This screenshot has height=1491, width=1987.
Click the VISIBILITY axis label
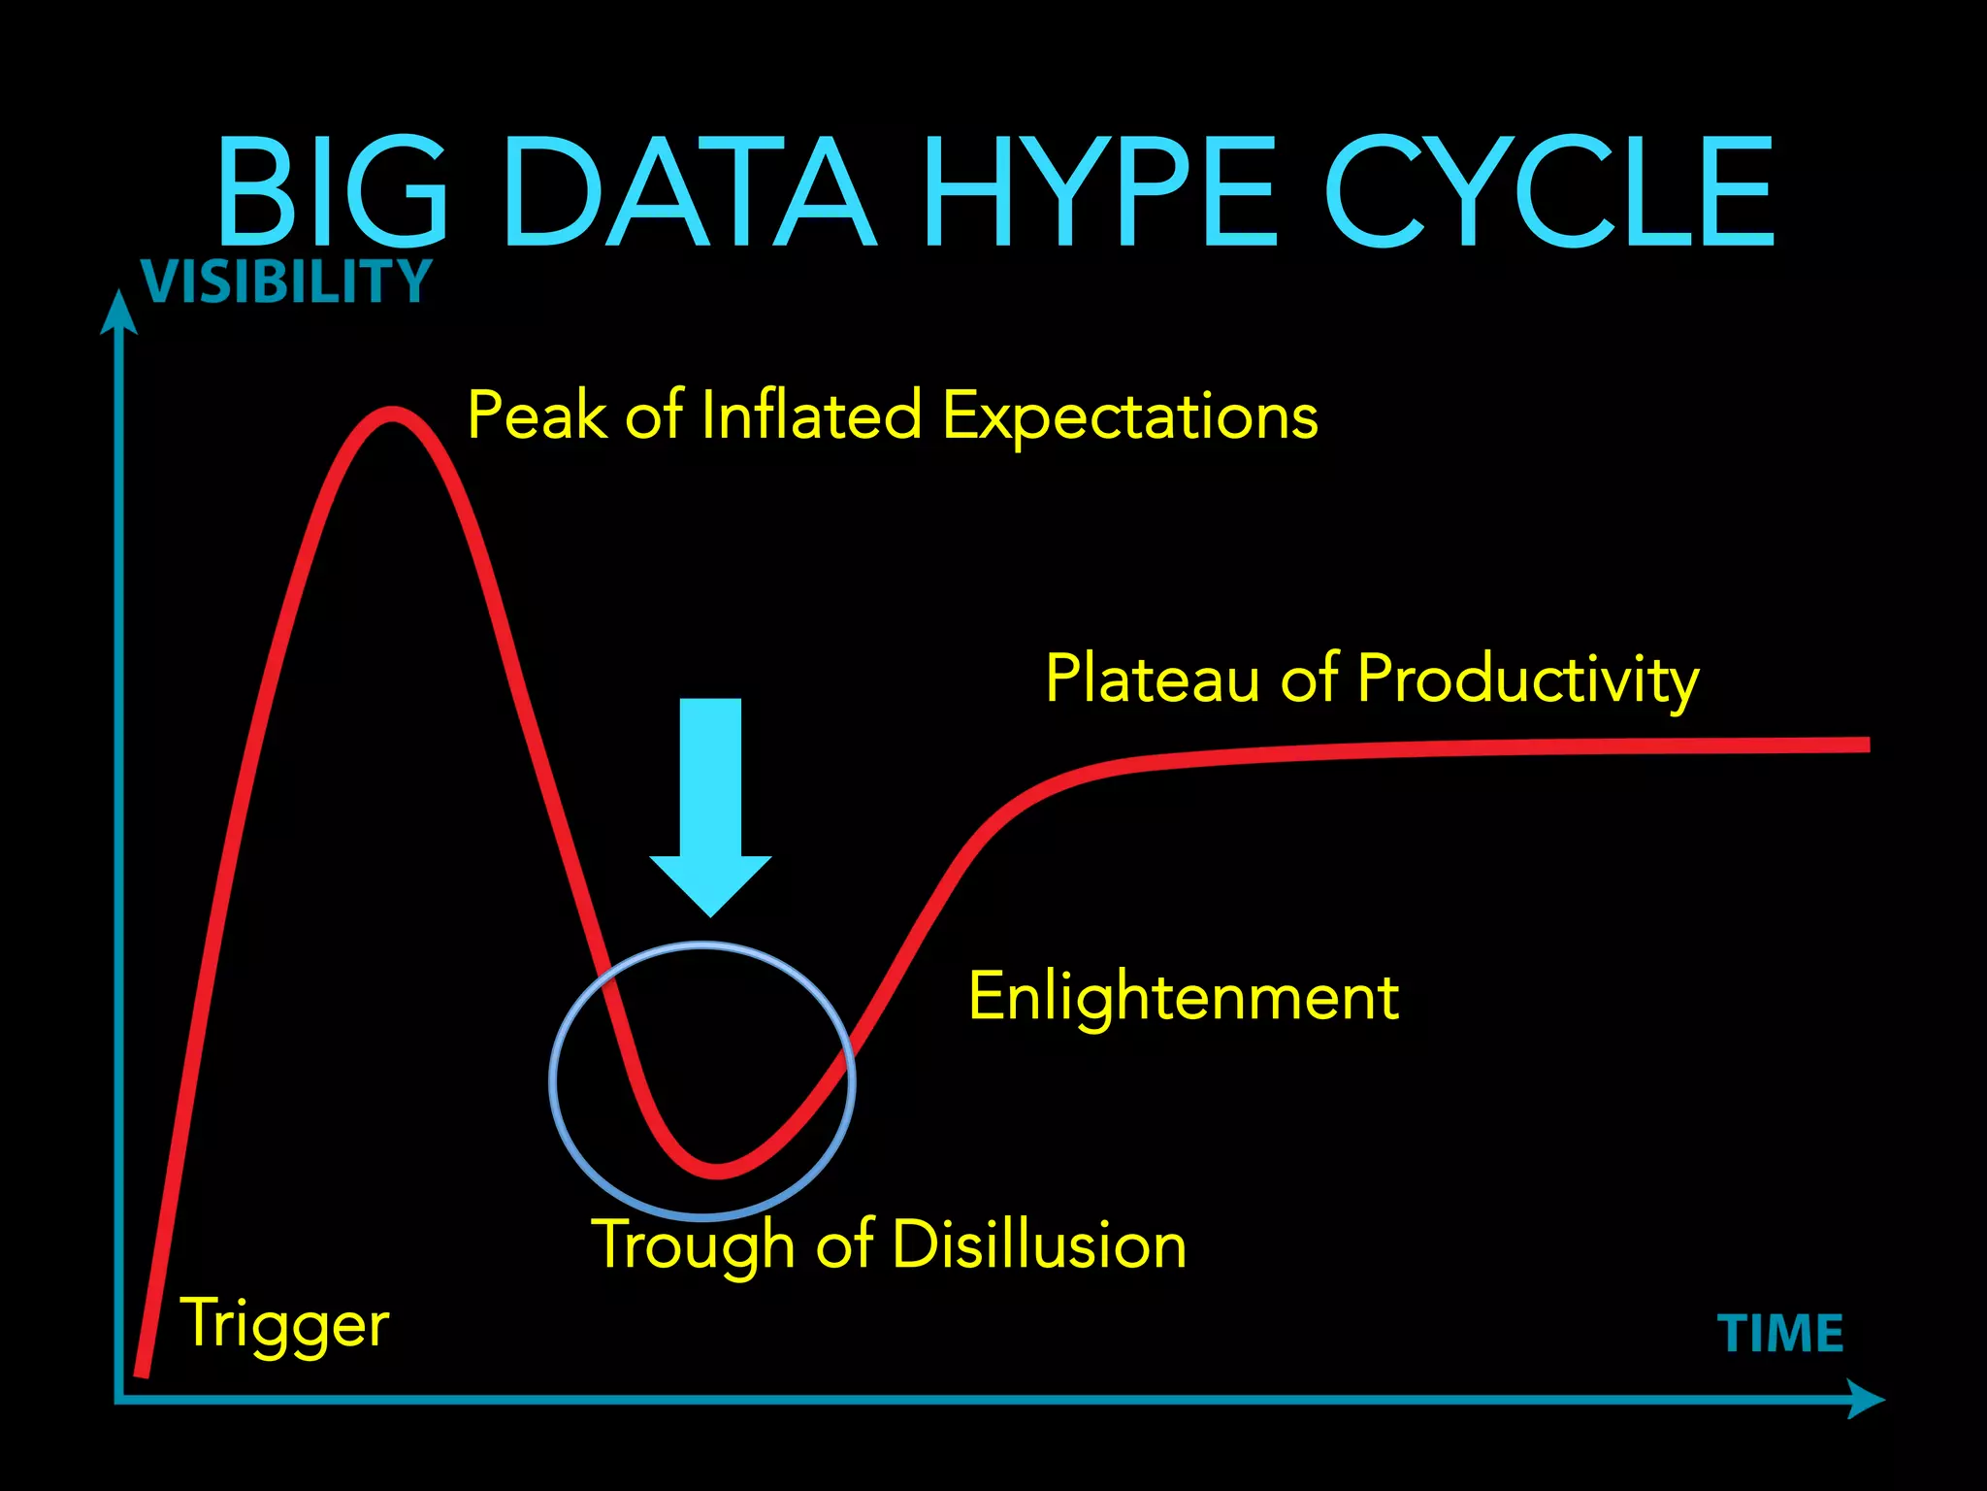pyautogui.click(x=286, y=282)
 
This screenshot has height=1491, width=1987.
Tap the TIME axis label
pyautogui.click(x=1780, y=1334)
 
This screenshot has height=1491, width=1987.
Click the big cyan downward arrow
pyautogui.click(x=710, y=806)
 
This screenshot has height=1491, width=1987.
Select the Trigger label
pyautogui.click(x=285, y=1325)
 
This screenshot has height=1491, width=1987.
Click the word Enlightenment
pyautogui.click(x=1184, y=998)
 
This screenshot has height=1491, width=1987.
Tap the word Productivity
pyautogui.click(x=1528, y=679)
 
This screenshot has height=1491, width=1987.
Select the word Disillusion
pyautogui.click(x=1038, y=1244)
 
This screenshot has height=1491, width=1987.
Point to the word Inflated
pyautogui.click(x=810, y=415)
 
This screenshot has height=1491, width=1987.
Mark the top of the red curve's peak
pyautogui.click(x=392, y=414)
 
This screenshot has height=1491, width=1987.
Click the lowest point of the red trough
pyautogui.click(x=717, y=1171)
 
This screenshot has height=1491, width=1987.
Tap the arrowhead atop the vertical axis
pyautogui.click(x=118, y=313)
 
